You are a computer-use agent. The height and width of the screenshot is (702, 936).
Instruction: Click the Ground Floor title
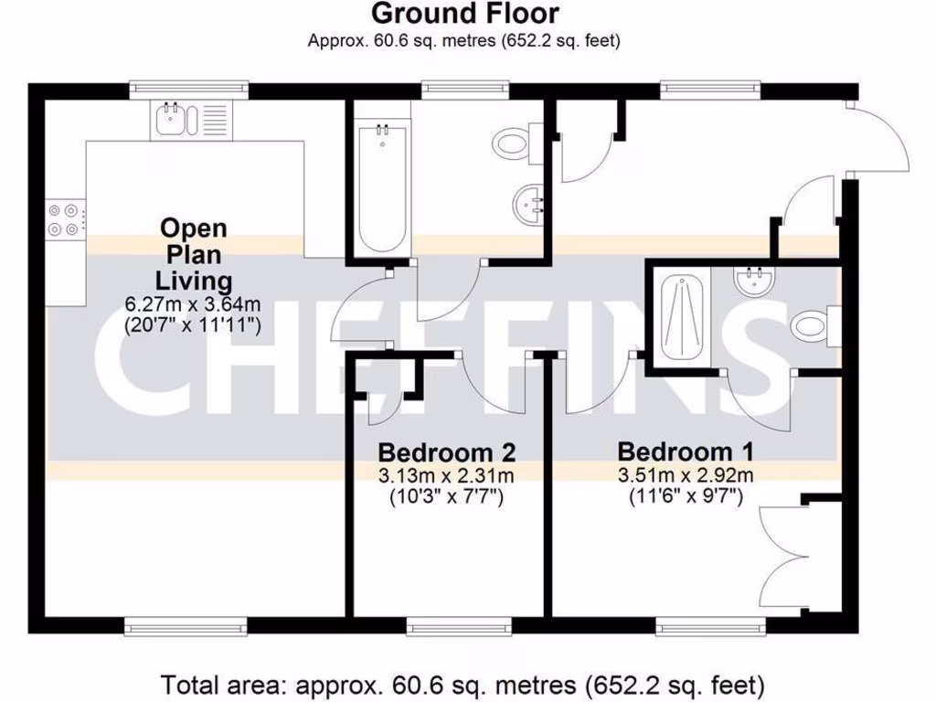[x=465, y=14]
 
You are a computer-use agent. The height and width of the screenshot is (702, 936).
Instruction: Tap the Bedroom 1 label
[x=686, y=452]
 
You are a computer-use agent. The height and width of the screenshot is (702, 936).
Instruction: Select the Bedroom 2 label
[x=447, y=452]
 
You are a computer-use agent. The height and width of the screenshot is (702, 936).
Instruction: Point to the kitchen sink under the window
[x=171, y=119]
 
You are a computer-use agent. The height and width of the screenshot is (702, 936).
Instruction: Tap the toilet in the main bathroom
[x=513, y=142]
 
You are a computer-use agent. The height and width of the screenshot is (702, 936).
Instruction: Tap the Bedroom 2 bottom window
[x=458, y=626]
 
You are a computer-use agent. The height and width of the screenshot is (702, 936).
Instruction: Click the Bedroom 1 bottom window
[x=710, y=626]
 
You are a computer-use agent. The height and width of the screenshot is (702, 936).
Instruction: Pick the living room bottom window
[x=185, y=626]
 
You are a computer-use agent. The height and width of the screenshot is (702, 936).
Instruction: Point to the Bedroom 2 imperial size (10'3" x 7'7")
[x=447, y=497]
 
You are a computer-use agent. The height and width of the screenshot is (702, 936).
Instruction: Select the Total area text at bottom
[x=463, y=684]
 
